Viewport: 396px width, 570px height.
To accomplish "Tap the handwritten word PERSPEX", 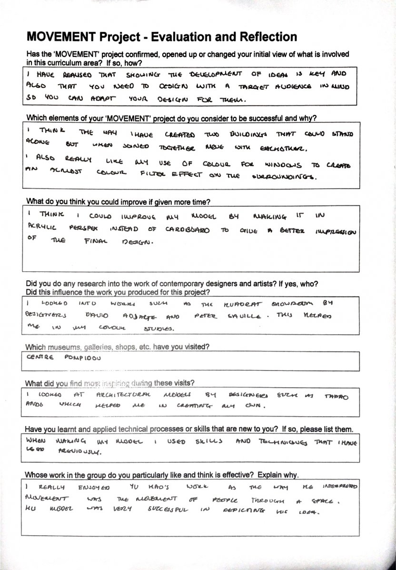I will (x=82, y=229).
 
